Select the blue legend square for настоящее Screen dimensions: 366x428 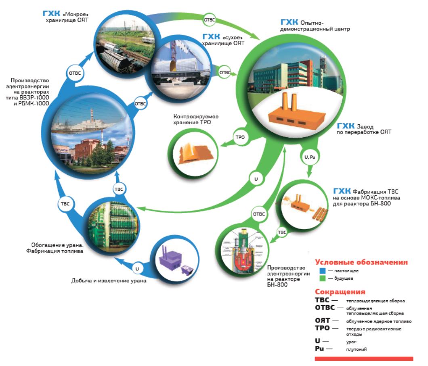(x=323, y=270)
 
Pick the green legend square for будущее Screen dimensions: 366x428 (x=323, y=278)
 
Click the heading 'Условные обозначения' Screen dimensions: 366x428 (x=361, y=262)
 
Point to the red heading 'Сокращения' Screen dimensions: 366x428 (x=340, y=292)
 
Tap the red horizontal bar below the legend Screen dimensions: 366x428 (x=364, y=358)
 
